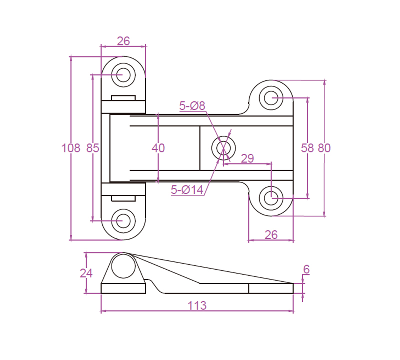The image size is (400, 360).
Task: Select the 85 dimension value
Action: pos(93,148)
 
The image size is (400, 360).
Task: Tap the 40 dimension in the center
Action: pos(158,148)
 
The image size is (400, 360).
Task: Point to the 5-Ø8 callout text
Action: pos(192,106)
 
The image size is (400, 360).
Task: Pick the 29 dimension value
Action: pos(247,159)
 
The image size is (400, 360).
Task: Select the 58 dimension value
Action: pos(307,148)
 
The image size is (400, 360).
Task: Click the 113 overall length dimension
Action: pos(197,305)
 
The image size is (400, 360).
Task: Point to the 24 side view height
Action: pos(86,273)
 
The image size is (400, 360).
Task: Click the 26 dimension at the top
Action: pos(123,41)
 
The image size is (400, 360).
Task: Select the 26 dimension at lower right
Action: pos(270,234)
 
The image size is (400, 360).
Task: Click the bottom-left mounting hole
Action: pos(123,220)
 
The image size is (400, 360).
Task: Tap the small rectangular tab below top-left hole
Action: pos(123,98)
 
